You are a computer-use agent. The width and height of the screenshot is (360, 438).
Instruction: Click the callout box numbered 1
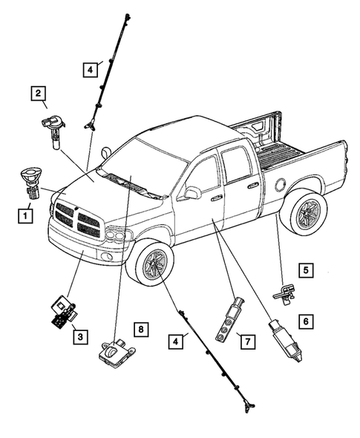(x=26, y=216)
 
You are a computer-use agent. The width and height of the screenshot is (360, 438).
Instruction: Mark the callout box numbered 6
(x=303, y=321)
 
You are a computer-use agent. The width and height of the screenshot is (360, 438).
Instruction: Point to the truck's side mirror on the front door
(x=192, y=193)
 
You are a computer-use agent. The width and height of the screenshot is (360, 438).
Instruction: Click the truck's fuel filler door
(x=282, y=181)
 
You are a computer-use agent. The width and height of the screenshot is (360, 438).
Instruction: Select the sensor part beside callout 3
(x=62, y=312)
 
